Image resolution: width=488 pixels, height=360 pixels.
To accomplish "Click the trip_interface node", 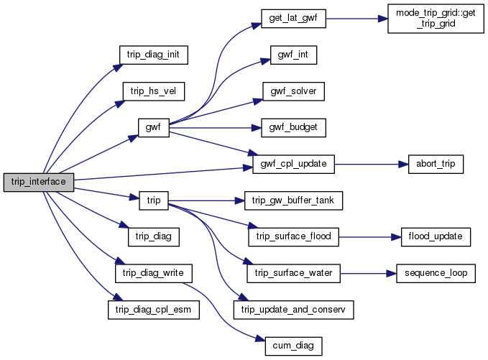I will coord(39,182).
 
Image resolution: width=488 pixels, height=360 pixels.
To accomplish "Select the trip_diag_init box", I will coord(153,55).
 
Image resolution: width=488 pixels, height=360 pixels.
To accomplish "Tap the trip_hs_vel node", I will coord(153,91).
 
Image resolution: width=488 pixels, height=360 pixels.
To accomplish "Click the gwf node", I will coord(153,128).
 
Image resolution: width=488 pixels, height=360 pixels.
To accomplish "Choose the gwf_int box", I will coord(293,55).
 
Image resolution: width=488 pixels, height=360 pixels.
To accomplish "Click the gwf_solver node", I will coord(293,91).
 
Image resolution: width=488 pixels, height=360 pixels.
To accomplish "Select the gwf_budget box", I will coord(293,128).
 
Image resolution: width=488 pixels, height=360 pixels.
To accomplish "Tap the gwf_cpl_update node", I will coord(293,165).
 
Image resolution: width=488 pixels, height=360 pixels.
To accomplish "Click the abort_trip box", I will coord(434,165).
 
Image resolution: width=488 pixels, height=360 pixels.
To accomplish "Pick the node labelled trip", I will coord(153,200).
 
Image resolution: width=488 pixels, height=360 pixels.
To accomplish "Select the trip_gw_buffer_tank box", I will coord(293,200).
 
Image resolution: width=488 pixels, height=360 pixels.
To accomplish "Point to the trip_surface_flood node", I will coord(293,236).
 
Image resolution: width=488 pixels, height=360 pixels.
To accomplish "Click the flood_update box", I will coord(436,236).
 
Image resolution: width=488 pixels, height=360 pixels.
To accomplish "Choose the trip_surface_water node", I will coord(293,273).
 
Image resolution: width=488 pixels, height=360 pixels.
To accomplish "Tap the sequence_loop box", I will coord(436,273).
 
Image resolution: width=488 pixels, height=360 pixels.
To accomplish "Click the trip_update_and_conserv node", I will coord(293,310).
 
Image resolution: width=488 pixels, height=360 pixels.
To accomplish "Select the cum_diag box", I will coord(293,346).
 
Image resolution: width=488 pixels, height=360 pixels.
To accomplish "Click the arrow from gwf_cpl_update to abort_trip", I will coord(367,165).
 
